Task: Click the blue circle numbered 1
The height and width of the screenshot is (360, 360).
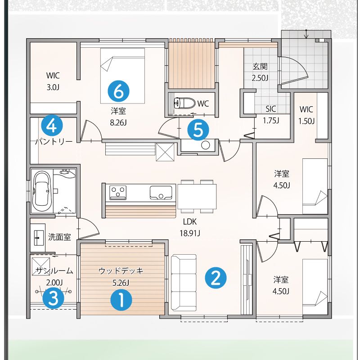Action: (121, 300)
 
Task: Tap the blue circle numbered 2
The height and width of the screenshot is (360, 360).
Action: (216, 278)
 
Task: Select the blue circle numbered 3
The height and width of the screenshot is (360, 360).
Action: (54, 298)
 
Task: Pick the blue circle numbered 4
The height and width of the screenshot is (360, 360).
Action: (52, 126)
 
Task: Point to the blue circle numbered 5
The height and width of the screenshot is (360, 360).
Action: (198, 130)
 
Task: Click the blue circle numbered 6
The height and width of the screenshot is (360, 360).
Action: (119, 91)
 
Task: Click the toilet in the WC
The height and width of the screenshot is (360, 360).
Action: (184, 103)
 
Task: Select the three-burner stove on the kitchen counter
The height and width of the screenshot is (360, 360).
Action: (118, 192)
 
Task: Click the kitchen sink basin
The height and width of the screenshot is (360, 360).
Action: (161, 193)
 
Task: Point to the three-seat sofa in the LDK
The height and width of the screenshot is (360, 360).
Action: (184, 283)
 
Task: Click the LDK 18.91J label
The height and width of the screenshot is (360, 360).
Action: (189, 228)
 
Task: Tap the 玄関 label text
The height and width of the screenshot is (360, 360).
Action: (260, 67)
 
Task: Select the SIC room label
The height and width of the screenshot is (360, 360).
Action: (271, 109)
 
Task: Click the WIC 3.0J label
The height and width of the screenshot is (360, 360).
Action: (53, 81)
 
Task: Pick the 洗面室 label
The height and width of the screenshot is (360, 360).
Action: (59, 237)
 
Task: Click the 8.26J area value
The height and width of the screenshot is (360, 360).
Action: (118, 123)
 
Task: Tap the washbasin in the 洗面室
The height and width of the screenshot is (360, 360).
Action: (39, 238)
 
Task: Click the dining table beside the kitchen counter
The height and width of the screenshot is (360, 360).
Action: (197, 196)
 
